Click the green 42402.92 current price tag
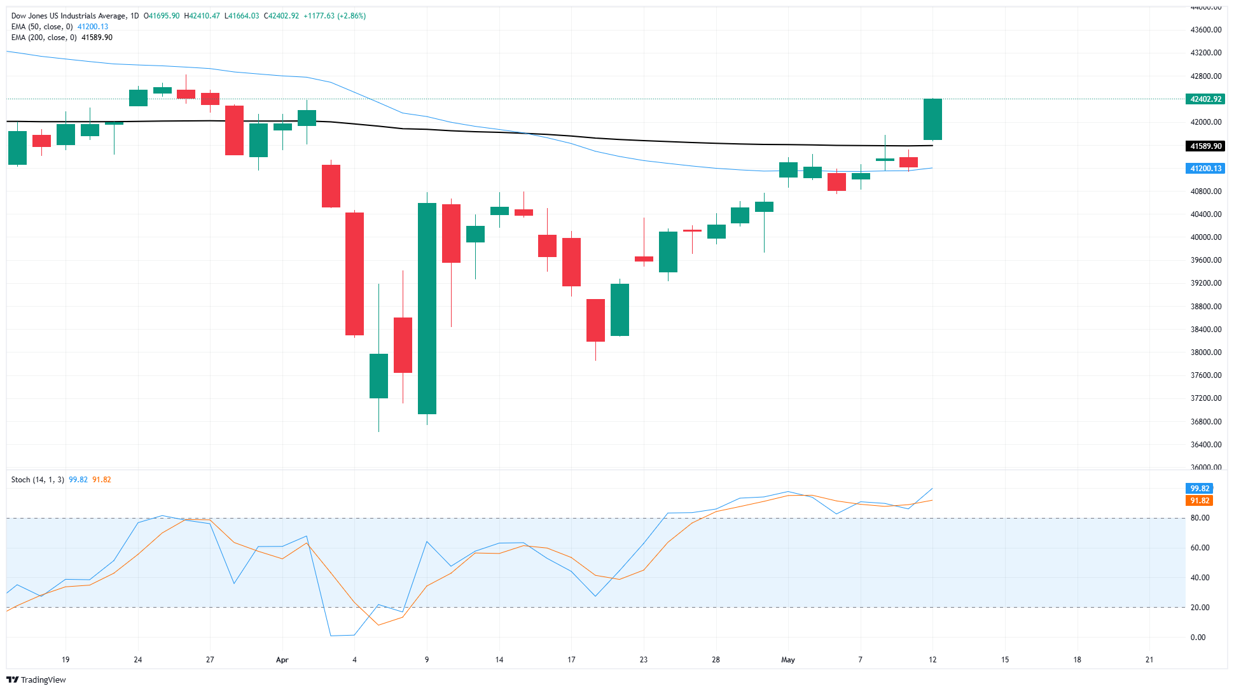pos(1205,99)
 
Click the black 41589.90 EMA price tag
pos(1205,146)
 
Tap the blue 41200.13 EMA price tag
pos(1205,169)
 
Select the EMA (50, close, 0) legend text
pos(42,27)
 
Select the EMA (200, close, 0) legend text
pos(44,38)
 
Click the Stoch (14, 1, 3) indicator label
pos(38,480)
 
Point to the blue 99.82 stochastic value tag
pos(1199,489)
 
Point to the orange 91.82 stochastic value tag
pos(1199,501)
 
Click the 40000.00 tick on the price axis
pos(1205,237)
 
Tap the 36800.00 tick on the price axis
pos(1205,422)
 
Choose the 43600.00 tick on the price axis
pos(1205,30)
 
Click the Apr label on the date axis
pos(282,660)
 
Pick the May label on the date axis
pos(788,660)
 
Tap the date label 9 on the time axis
pos(427,660)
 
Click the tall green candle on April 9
pos(427,309)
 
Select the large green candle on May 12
pos(932,120)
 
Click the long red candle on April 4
pos(354,274)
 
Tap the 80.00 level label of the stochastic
pos(1200,518)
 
